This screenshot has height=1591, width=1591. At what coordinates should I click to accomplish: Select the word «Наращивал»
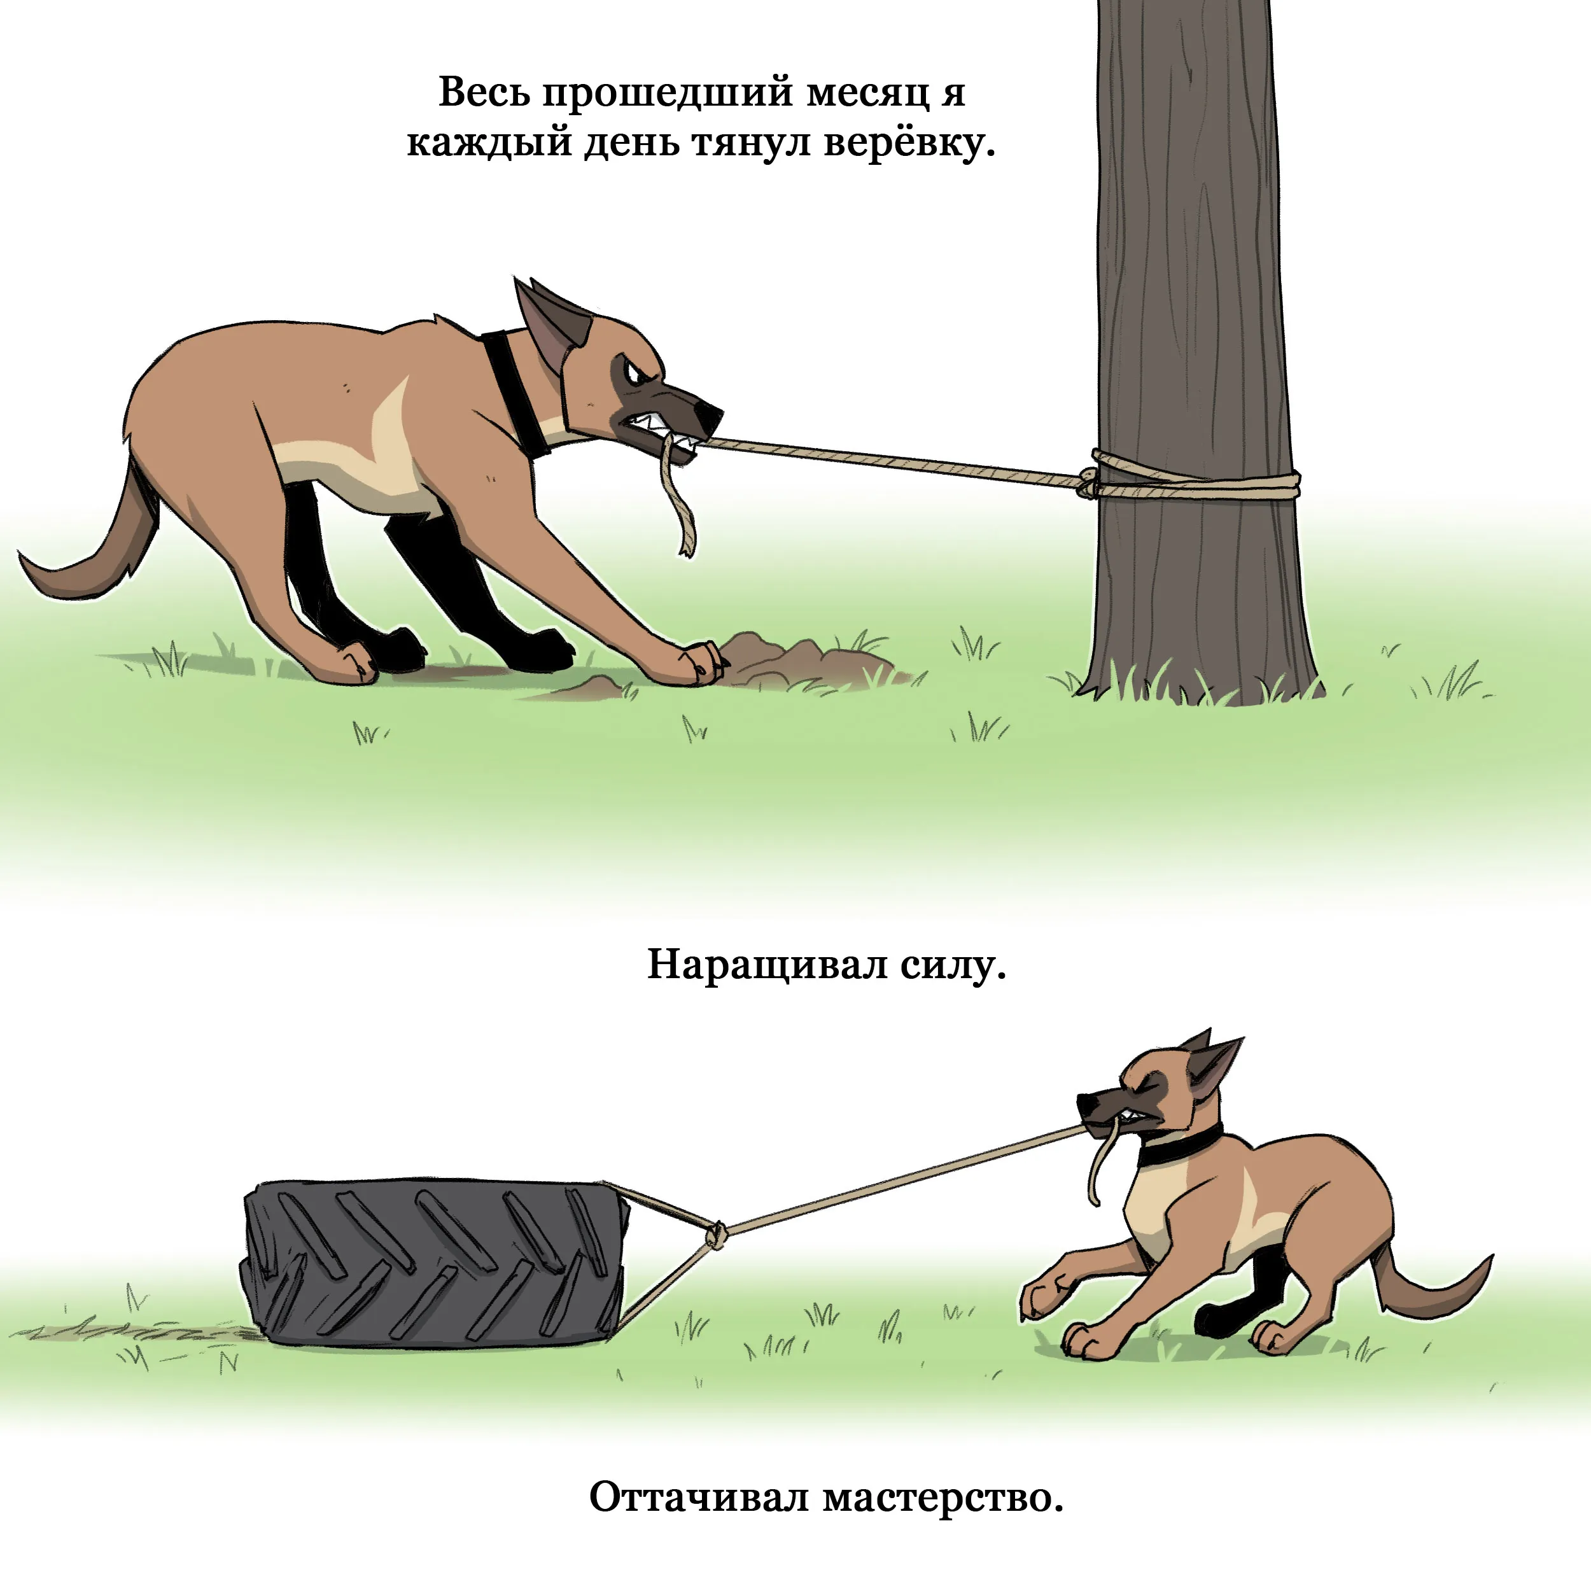click(767, 964)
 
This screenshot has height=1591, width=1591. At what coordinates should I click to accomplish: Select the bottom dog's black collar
click(1179, 1146)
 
